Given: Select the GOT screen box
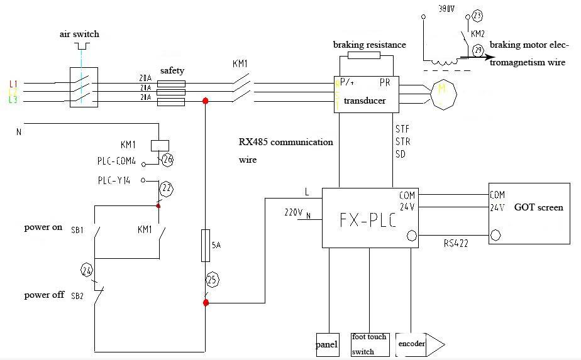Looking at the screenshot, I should point(531,214).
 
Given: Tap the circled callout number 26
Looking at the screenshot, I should point(167,160).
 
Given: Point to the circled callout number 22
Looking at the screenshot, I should point(167,187).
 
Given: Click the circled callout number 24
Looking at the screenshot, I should point(87,271).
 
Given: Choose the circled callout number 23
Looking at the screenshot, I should point(478,16).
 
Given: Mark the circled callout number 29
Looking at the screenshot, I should point(478,50).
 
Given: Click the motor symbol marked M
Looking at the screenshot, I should point(441,93).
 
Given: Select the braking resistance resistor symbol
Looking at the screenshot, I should point(363,55).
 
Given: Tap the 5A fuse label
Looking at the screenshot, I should point(216,246).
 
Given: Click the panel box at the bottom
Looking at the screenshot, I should point(327,344).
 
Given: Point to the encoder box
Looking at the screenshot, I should point(411,344).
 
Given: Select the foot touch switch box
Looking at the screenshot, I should point(370,344).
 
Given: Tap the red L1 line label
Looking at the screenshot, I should point(13,84).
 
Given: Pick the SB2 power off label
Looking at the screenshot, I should point(77,295).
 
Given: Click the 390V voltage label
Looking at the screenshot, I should point(446,10).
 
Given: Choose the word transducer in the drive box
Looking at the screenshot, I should point(365,101).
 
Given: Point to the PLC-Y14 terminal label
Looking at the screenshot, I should point(114,180).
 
